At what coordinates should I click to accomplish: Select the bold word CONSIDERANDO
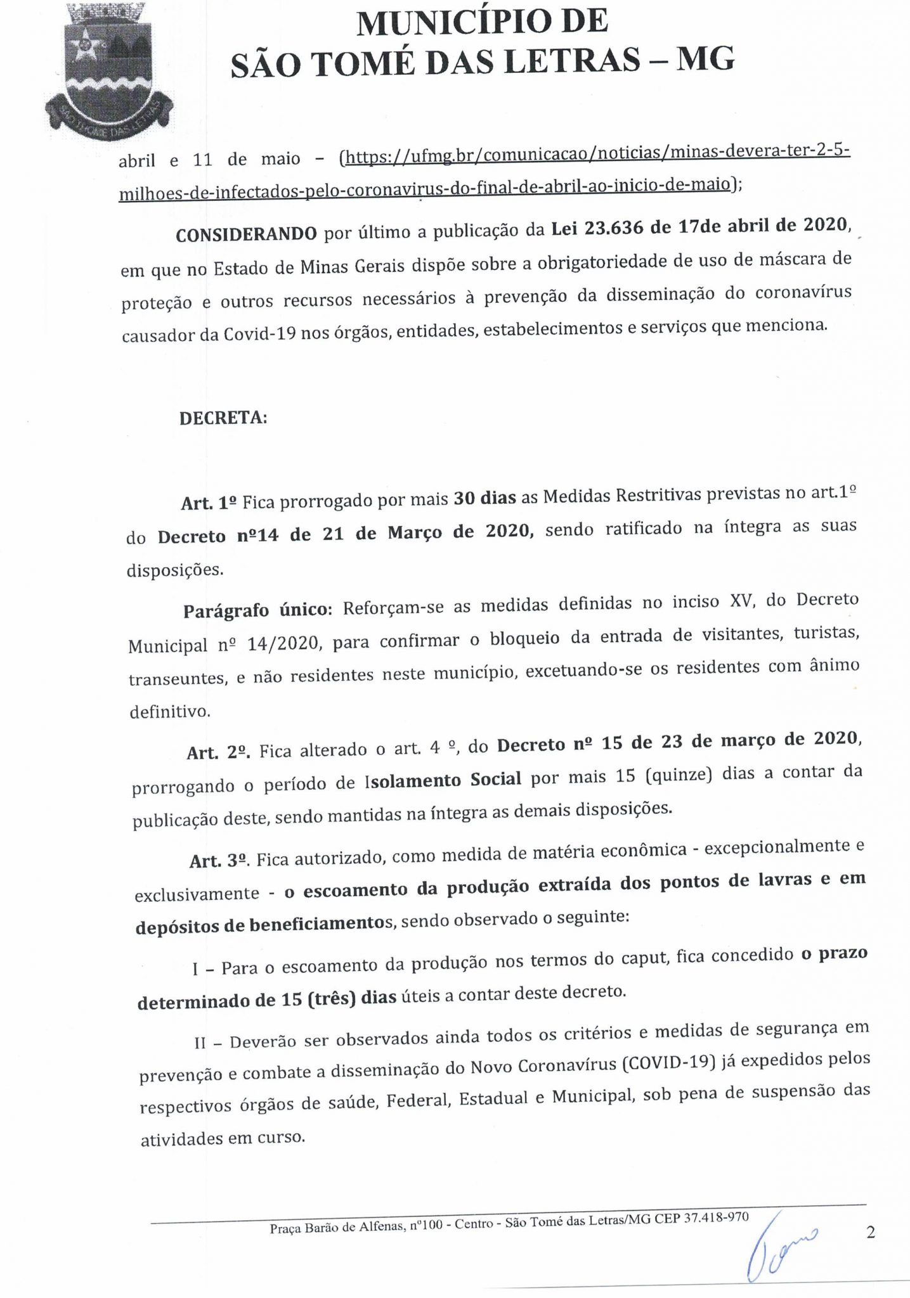pos(246,235)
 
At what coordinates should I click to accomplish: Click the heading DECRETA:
pos(223,419)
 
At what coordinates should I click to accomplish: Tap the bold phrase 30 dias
pos(484,499)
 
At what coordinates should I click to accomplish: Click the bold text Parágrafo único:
pos(257,610)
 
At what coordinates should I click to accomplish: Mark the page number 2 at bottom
pos(870,1233)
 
